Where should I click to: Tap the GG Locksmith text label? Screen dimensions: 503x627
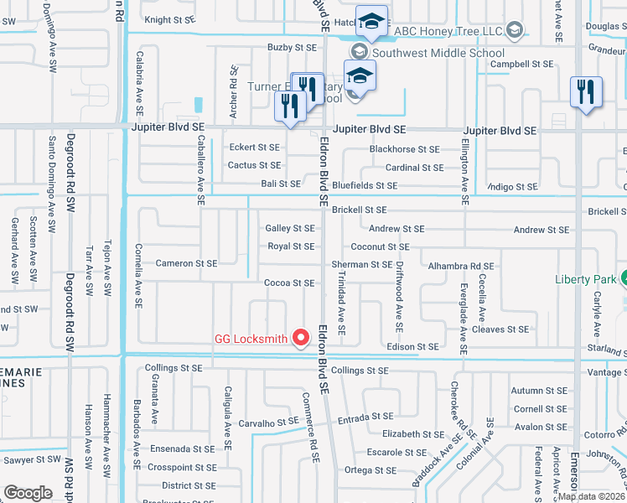pyautogui.click(x=251, y=340)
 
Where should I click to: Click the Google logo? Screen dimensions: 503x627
pyautogui.click(x=28, y=492)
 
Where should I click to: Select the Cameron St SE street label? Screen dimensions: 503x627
pyautogui.click(x=186, y=263)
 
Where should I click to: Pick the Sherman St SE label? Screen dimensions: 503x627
pyautogui.click(x=362, y=264)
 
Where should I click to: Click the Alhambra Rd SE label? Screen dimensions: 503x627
pyautogui.click(x=461, y=266)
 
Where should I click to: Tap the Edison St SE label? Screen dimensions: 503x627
pyautogui.click(x=412, y=346)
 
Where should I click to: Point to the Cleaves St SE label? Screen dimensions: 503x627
pyautogui.click(x=500, y=329)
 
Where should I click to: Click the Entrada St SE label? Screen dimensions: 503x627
pyautogui.click(x=365, y=416)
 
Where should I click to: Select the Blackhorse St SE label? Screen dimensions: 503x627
pyautogui.click(x=404, y=149)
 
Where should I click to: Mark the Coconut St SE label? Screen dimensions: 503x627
pyautogui.click(x=380, y=246)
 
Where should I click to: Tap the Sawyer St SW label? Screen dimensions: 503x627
pyautogui.click(x=32, y=460)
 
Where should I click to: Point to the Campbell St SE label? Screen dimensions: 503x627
pyautogui.click(x=521, y=64)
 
